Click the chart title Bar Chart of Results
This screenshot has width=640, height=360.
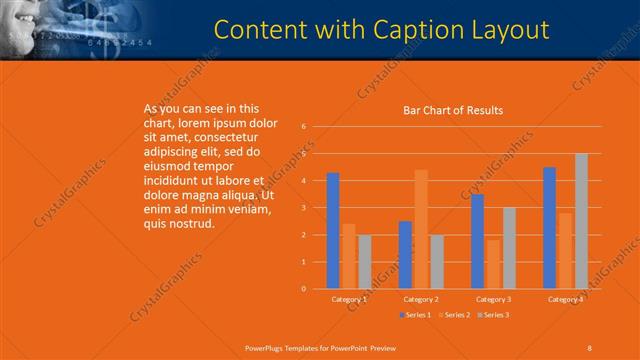[453, 110]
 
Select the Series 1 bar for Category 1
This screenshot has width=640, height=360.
[333, 230]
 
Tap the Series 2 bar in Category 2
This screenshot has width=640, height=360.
[421, 229]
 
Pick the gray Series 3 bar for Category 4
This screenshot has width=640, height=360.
[581, 221]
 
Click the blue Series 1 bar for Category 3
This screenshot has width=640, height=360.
[478, 241]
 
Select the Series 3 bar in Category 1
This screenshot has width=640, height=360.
[364, 262]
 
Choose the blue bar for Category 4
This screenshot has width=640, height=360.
[550, 228]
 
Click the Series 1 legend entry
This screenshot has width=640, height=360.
[417, 315]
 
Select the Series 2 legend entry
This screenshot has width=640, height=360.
[454, 315]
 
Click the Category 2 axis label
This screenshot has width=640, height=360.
[421, 299]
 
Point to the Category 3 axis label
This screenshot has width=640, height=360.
[494, 299]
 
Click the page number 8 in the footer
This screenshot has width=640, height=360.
[589, 347]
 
